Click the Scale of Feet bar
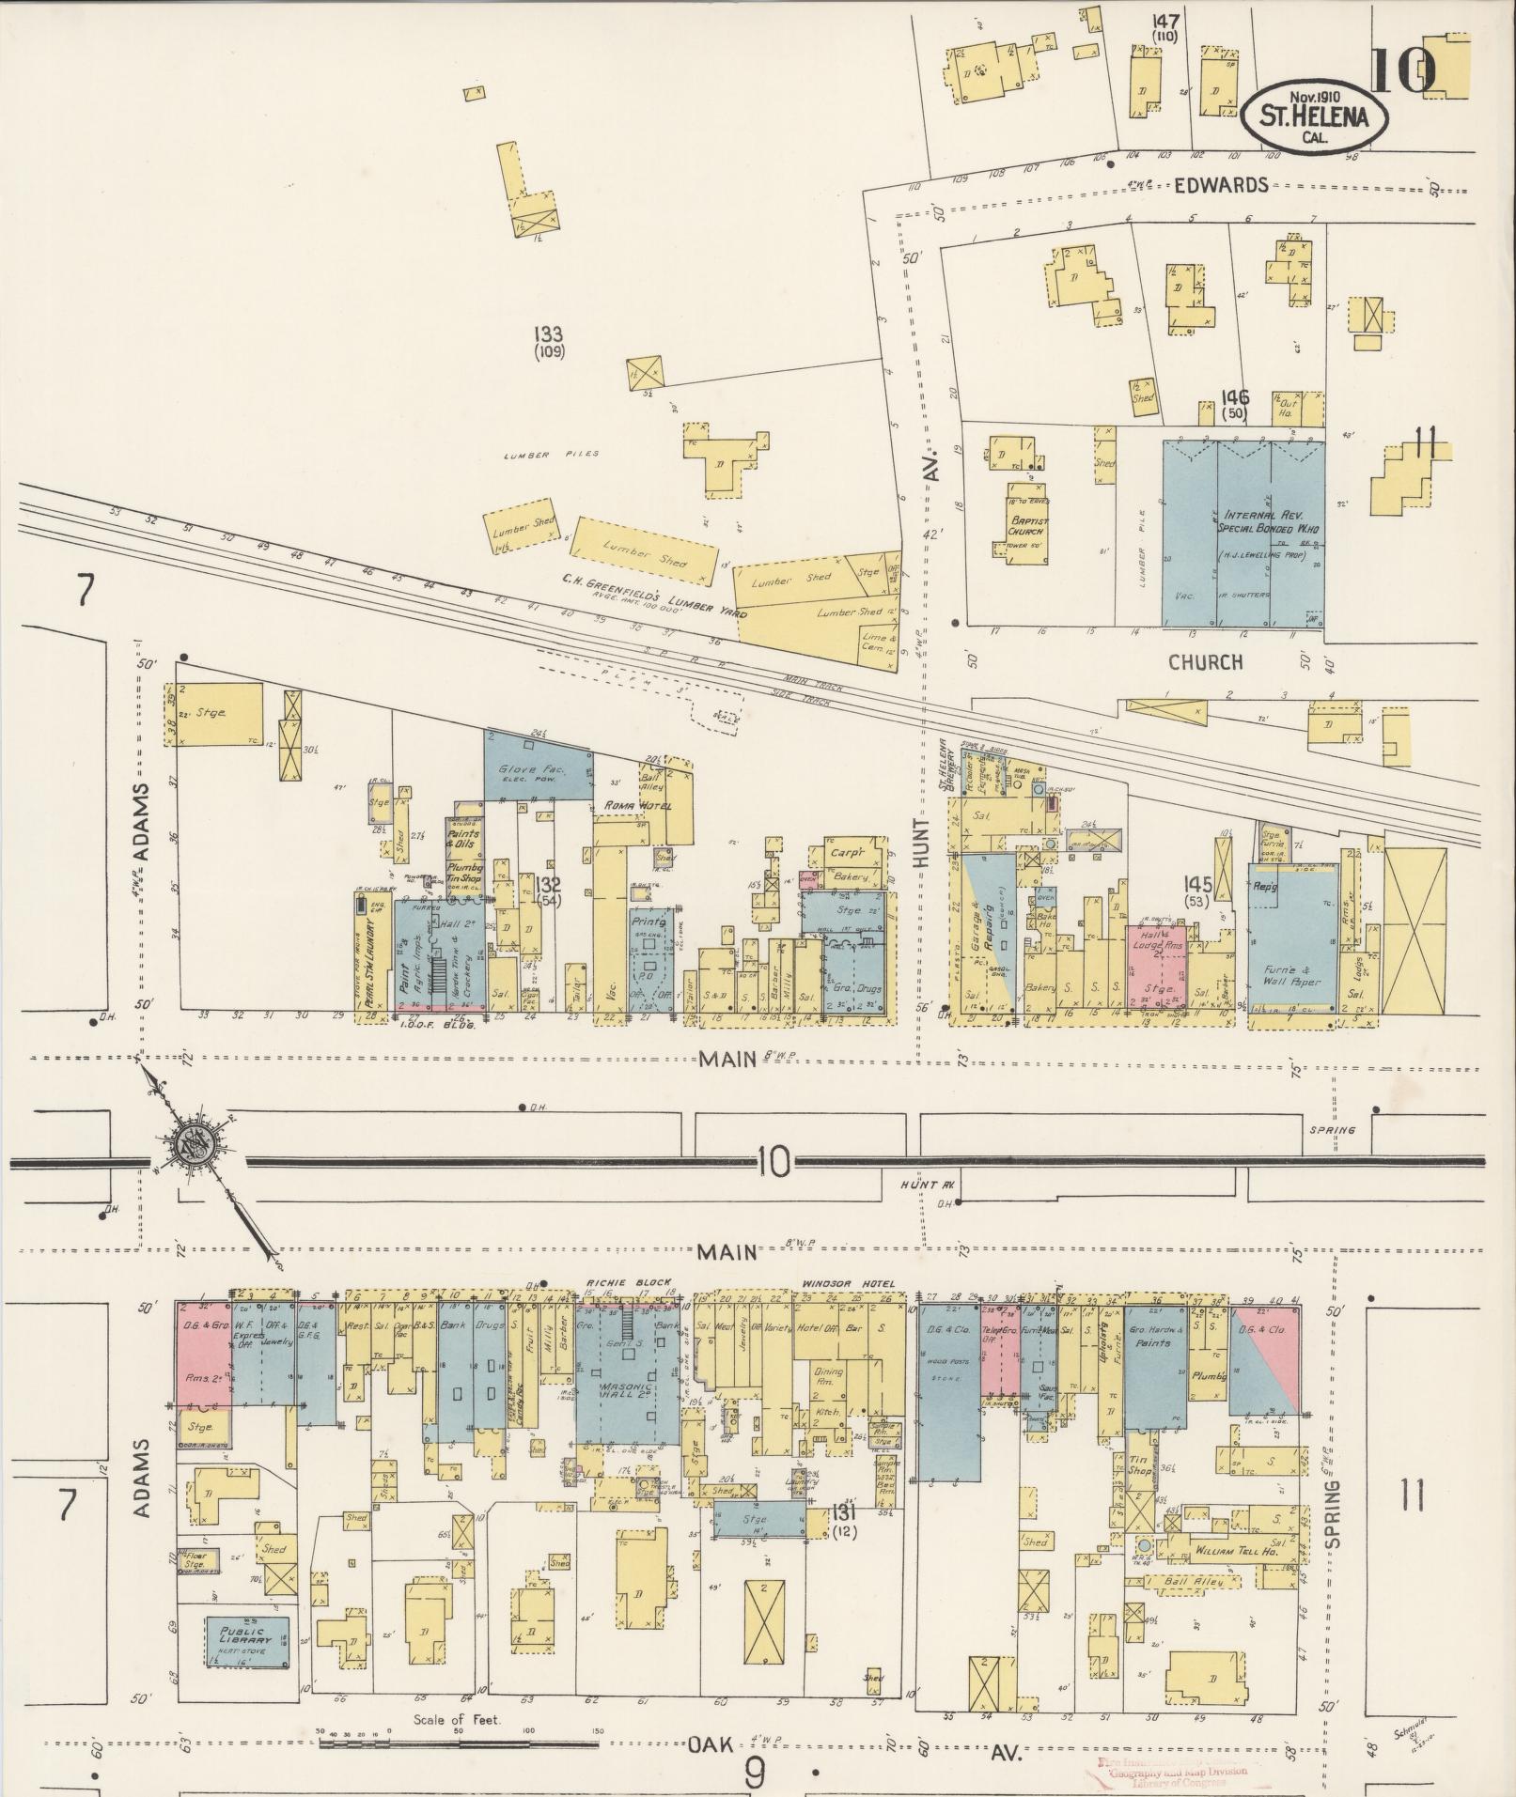(x=459, y=1743)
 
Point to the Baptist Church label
(x=1029, y=526)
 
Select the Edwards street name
(x=1221, y=185)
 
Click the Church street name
(x=1205, y=662)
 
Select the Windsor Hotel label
(x=834, y=1284)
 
